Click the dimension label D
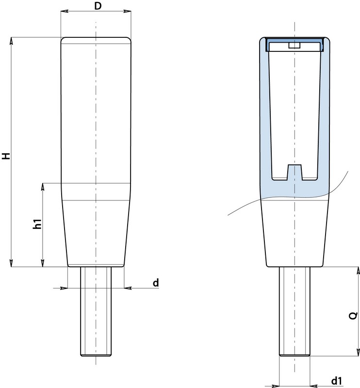coord(98,6)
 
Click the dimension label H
coord(6,156)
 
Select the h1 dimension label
coord(37,224)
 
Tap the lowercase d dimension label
coord(156,282)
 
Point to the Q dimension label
coord(353,316)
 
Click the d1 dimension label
coord(337,380)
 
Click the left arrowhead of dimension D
coord(65,11)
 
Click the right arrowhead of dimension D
coord(127,11)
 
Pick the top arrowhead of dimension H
coord(11,41)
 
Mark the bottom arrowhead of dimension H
coord(11,263)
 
